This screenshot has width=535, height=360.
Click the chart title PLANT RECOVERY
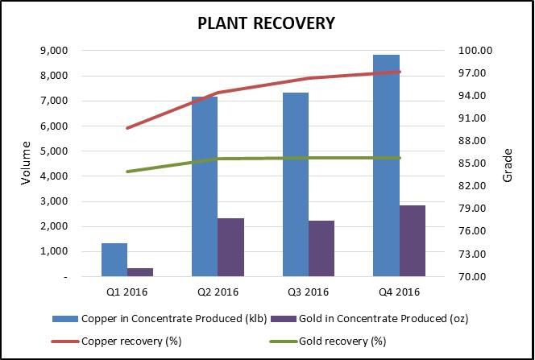point(266,23)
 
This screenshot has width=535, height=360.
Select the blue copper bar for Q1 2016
point(114,260)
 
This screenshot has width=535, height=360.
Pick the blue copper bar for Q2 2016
point(205,187)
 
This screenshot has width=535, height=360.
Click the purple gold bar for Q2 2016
point(230,247)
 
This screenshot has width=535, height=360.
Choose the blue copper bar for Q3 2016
point(295,184)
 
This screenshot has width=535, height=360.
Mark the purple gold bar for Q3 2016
point(321,249)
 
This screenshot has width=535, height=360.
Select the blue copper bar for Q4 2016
point(386,166)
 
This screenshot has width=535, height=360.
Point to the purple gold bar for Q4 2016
point(412,241)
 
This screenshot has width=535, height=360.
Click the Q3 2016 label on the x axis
point(308,292)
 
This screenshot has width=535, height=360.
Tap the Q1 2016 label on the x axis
point(127,292)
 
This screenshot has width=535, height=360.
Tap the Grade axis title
point(508,163)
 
